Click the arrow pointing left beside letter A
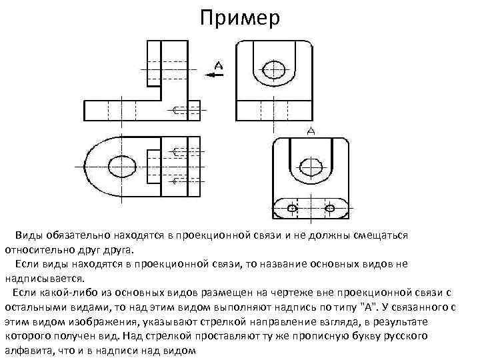(x=215, y=75)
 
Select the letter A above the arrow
(x=219, y=65)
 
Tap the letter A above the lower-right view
(x=311, y=131)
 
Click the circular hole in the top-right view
(x=274, y=68)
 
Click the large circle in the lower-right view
(x=311, y=165)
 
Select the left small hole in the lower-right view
(x=291, y=209)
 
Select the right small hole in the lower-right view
(x=329, y=209)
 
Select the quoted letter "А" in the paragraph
(x=368, y=307)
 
